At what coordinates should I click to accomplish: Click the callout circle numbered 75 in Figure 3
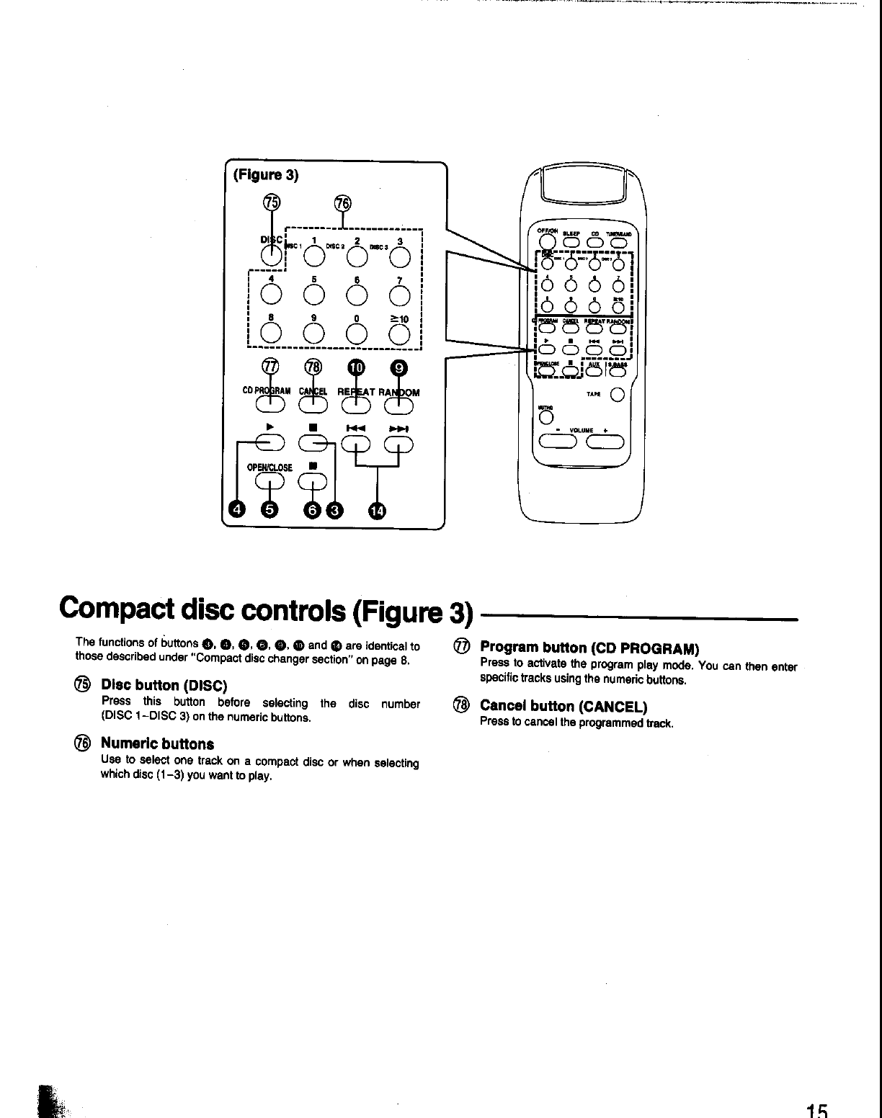[270, 204]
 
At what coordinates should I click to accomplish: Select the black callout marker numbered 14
[377, 511]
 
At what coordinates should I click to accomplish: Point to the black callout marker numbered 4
[236, 511]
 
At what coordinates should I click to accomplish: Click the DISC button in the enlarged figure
[271, 254]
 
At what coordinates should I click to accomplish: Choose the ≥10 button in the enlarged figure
[401, 332]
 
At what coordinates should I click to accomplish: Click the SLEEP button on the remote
[573, 242]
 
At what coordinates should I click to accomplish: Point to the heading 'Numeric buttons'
[157, 743]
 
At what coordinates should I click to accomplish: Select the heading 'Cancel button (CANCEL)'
[563, 706]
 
